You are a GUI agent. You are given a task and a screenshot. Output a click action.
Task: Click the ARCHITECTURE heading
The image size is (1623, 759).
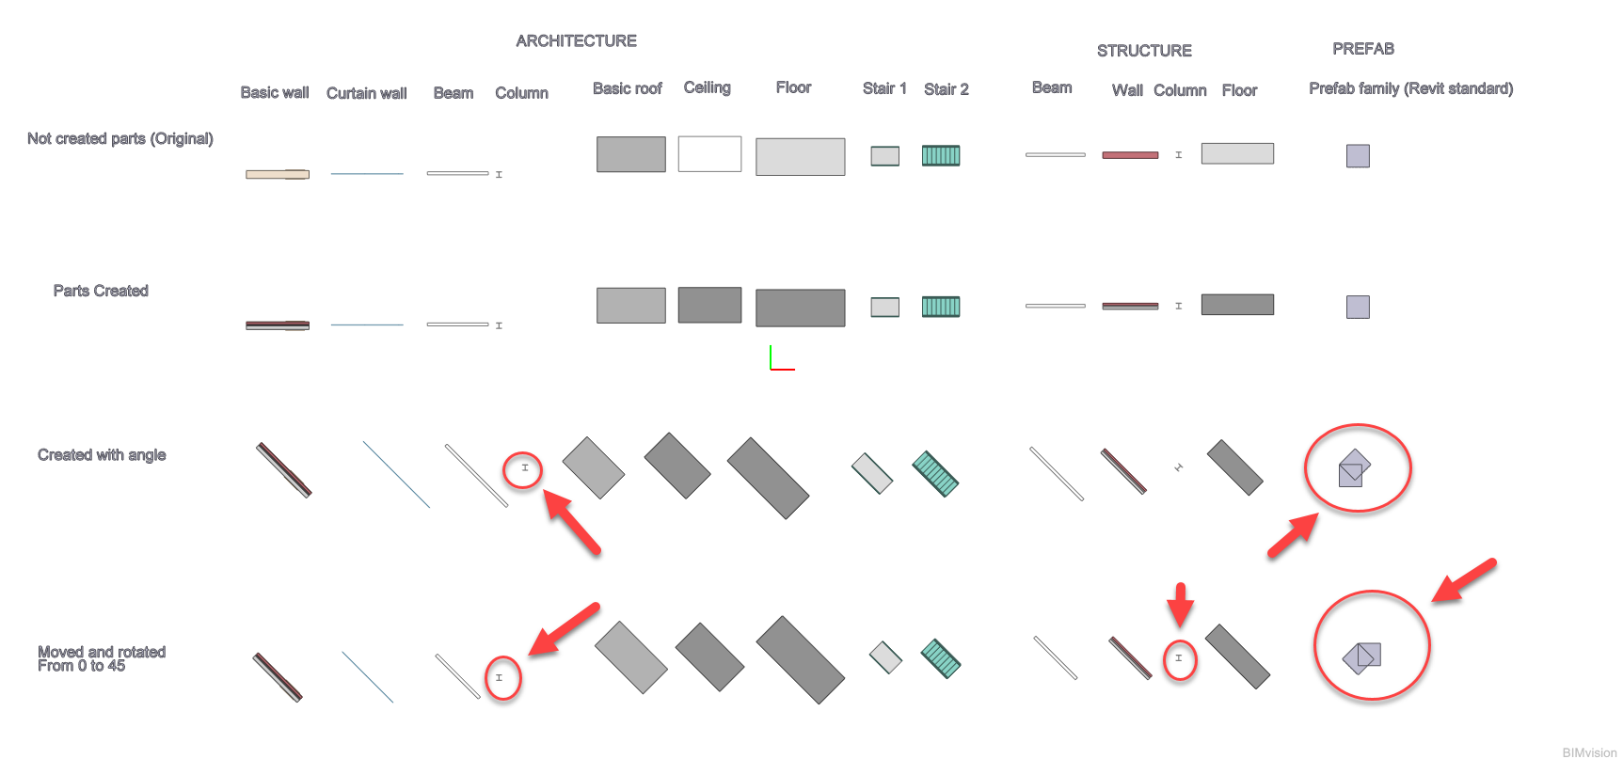point(576,41)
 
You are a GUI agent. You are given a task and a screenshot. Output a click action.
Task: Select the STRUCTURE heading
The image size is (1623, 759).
point(1144,51)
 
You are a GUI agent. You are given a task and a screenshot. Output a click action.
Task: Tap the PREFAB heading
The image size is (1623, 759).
point(1362,49)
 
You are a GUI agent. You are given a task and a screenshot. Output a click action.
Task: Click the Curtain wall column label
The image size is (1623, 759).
point(366,93)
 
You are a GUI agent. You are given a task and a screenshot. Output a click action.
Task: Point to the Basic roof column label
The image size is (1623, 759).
point(627,88)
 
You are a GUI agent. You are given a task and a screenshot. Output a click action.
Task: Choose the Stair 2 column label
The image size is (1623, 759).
point(946,89)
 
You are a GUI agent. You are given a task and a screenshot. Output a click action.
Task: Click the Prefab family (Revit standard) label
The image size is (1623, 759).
point(1410,88)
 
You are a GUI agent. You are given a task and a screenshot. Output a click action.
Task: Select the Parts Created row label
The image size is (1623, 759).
point(101,291)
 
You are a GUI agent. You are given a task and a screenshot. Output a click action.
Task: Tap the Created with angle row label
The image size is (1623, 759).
point(102,455)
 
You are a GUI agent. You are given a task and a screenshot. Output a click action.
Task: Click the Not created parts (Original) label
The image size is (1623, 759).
point(120,138)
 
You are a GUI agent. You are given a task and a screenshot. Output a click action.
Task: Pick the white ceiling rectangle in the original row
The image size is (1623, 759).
point(709,153)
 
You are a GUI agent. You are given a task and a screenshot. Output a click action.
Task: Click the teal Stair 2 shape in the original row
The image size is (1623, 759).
point(941,155)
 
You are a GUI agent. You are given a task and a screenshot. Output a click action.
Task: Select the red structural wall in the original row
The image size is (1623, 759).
point(1130,155)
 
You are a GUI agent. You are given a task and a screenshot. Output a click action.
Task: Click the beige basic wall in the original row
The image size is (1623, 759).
point(278,174)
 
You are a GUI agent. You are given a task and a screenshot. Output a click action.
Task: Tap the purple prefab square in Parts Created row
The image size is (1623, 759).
point(1358,307)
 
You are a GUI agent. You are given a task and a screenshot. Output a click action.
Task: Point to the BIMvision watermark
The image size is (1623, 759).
point(1589,752)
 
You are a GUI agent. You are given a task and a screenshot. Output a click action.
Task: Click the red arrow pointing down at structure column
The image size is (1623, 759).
point(1180,604)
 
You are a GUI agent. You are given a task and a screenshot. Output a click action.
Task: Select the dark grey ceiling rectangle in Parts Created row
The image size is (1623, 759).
point(709,305)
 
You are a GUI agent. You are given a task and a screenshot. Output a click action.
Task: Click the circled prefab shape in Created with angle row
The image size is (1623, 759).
point(1354,467)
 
